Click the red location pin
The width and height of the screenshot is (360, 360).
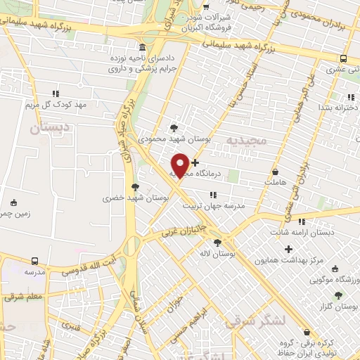coord(180,165)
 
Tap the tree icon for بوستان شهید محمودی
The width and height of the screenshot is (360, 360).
coord(174,127)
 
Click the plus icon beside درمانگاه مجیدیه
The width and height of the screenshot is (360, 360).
coord(195,162)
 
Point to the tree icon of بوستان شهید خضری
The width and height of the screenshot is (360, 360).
coord(135,186)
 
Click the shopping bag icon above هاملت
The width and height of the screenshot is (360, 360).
coord(274,171)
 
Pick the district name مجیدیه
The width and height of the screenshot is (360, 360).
coord(247,141)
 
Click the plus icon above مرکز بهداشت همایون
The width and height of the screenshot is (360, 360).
coord(288,249)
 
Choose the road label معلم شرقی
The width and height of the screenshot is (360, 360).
coord(22,297)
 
